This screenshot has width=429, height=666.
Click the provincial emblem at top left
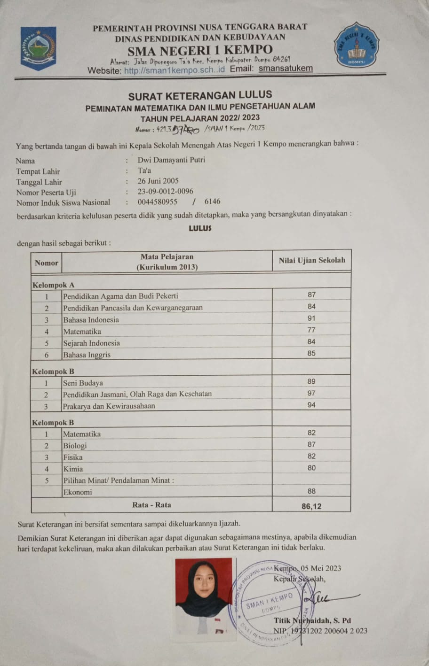(38, 48)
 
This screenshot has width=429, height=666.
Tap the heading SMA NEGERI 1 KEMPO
(200, 50)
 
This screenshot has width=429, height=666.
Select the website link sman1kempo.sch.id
(175, 70)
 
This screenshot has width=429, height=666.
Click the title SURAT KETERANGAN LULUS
(200, 96)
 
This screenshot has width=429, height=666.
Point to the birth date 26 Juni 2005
(158, 181)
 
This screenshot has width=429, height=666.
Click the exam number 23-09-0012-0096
(165, 192)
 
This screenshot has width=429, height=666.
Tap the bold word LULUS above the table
(200, 228)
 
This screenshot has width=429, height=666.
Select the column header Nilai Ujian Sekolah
(311, 260)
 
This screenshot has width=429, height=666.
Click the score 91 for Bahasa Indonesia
(311, 318)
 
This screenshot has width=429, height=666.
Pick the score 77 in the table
(311, 330)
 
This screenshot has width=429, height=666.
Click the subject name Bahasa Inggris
(87, 355)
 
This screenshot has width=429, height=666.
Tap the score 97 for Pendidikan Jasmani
(311, 393)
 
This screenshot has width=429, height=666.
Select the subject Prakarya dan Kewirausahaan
(109, 406)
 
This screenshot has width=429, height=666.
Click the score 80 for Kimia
(311, 468)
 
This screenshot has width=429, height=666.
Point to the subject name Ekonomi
(78, 492)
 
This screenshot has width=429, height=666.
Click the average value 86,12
(311, 506)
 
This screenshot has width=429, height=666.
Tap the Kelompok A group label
(53, 285)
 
